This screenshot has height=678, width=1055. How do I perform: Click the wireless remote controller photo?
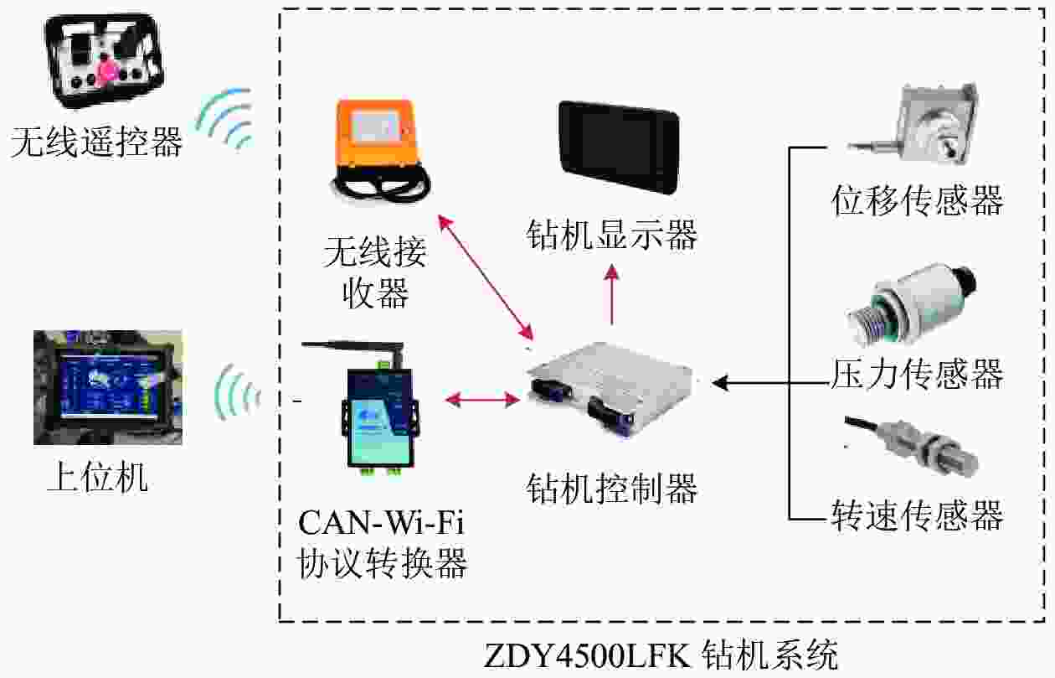[104, 60]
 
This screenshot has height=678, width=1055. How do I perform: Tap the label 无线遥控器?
[96, 142]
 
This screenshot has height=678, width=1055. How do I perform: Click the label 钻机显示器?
[612, 235]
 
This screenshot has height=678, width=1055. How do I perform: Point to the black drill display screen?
[619, 147]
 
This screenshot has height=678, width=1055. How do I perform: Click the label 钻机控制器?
[612, 487]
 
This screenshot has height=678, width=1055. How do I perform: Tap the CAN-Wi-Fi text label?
[381, 525]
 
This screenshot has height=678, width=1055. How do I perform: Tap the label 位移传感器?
[917, 201]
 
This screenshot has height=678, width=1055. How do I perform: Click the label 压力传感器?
[917, 374]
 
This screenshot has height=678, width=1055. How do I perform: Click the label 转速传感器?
[917, 515]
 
